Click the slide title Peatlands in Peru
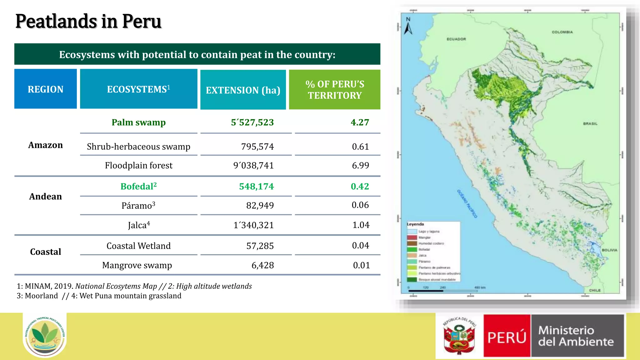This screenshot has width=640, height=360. (88, 21)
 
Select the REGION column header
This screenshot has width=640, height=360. (46, 89)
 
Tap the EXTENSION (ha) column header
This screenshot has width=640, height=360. (243, 90)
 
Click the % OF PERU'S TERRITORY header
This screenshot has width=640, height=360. (335, 90)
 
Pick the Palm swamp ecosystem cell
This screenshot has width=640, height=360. (138, 122)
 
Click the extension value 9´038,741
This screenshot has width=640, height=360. (253, 165)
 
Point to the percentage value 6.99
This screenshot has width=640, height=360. (360, 165)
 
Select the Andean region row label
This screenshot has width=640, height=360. (46, 196)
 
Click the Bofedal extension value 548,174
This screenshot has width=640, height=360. (256, 186)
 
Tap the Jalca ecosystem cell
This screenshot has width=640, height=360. (138, 225)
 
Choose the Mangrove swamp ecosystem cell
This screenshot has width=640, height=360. (137, 265)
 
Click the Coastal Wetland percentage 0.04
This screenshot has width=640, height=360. (360, 246)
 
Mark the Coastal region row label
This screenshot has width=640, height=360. (46, 252)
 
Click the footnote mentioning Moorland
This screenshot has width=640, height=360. (99, 296)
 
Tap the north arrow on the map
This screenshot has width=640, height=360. (408, 27)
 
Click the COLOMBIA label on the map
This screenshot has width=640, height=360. (562, 32)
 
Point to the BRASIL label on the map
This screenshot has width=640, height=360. (590, 124)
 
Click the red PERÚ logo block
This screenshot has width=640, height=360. (507, 336)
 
